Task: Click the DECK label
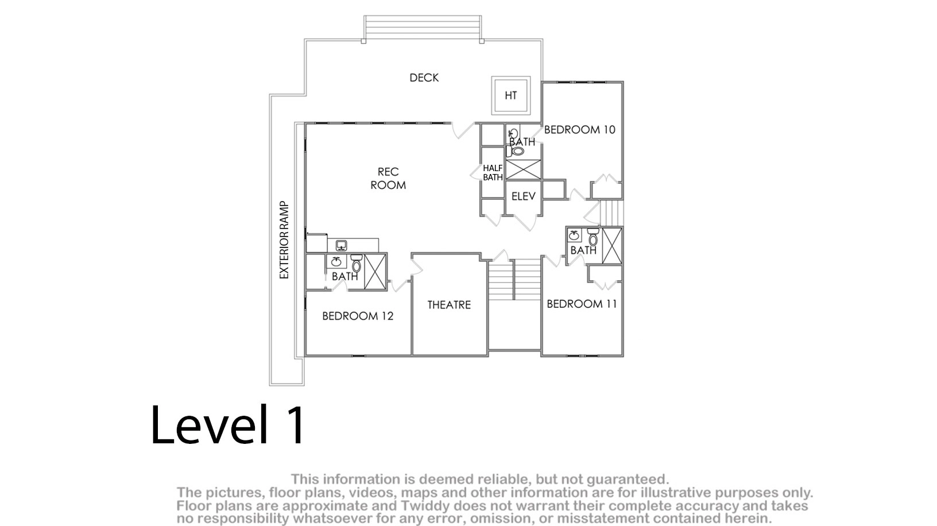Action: tap(424, 78)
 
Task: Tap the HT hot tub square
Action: tap(511, 95)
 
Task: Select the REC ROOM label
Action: tap(388, 178)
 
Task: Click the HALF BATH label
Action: tap(493, 173)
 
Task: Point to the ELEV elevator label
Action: tap(523, 196)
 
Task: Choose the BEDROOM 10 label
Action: tap(580, 130)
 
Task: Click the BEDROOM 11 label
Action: tap(582, 304)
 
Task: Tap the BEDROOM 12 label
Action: tap(358, 316)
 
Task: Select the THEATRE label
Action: tap(449, 305)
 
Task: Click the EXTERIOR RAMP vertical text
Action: tap(284, 240)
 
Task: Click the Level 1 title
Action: tap(228, 425)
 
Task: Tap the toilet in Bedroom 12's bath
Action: tap(357, 263)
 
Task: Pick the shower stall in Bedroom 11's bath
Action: tap(612, 246)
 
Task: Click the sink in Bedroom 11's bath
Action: tap(574, 235)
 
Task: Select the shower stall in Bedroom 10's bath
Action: tap(523, 169)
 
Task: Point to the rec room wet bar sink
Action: tap(342, 245)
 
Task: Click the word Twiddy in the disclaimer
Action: tap(421, 505)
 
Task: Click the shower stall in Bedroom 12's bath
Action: tap(375, 272)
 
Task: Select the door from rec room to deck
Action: tap(463, 130)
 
